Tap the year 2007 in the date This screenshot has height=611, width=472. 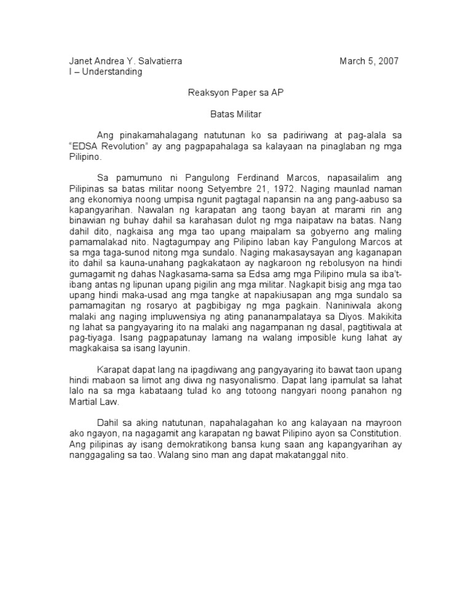(x=387, y=61)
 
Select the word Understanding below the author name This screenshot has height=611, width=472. (x=112, y=71)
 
